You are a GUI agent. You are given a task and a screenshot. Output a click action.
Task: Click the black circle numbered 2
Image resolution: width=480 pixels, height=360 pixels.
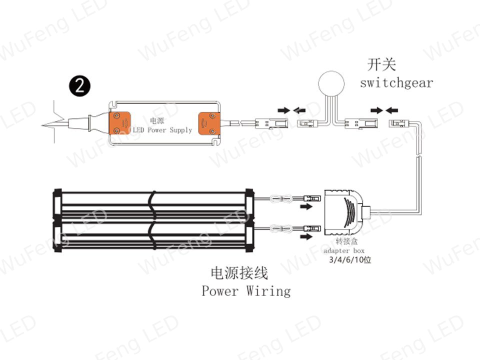click(79, 86)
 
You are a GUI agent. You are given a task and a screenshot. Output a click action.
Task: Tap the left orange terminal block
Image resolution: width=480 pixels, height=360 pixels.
click(119, 123)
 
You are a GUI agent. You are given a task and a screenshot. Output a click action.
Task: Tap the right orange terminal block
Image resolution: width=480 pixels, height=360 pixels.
click(209, 123)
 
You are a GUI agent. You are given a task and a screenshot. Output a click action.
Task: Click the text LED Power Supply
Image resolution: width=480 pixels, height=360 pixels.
click(162, 130)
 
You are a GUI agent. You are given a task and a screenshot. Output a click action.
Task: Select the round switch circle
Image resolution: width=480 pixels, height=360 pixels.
click(331, 83)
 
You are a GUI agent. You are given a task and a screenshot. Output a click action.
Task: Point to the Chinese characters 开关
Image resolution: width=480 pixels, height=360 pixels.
click(381, 64)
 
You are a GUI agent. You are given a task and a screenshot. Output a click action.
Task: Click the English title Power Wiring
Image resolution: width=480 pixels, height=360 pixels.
click(246, 291)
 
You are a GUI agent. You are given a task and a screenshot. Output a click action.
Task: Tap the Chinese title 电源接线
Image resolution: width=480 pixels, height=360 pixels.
click(239, 273)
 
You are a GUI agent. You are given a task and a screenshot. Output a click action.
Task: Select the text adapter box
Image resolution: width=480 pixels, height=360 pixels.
click(344, 250)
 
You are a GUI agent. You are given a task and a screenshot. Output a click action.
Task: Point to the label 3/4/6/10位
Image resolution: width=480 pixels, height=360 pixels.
click(350, 260)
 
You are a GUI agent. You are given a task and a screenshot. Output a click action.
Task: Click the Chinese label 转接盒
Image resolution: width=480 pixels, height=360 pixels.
click(346, 241)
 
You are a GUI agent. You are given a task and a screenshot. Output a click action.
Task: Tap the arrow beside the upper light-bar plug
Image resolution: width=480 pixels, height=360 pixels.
click(306, 206)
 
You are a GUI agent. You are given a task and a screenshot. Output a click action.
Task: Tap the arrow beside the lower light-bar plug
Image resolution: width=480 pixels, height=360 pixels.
click(306, 236)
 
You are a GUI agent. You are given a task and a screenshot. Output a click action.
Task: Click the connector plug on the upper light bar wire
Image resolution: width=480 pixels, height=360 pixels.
click(312, 198)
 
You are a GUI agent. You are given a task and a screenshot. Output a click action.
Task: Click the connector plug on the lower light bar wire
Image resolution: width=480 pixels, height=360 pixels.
click(312, 228)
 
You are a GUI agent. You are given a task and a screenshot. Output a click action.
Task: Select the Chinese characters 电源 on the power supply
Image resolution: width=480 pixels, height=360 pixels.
click(157, 120)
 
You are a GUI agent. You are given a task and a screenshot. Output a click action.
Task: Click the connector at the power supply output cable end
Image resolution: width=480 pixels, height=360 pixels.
click(271, 123)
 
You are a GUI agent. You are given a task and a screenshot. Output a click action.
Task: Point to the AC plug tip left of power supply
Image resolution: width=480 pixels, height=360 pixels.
click(42, 125)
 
